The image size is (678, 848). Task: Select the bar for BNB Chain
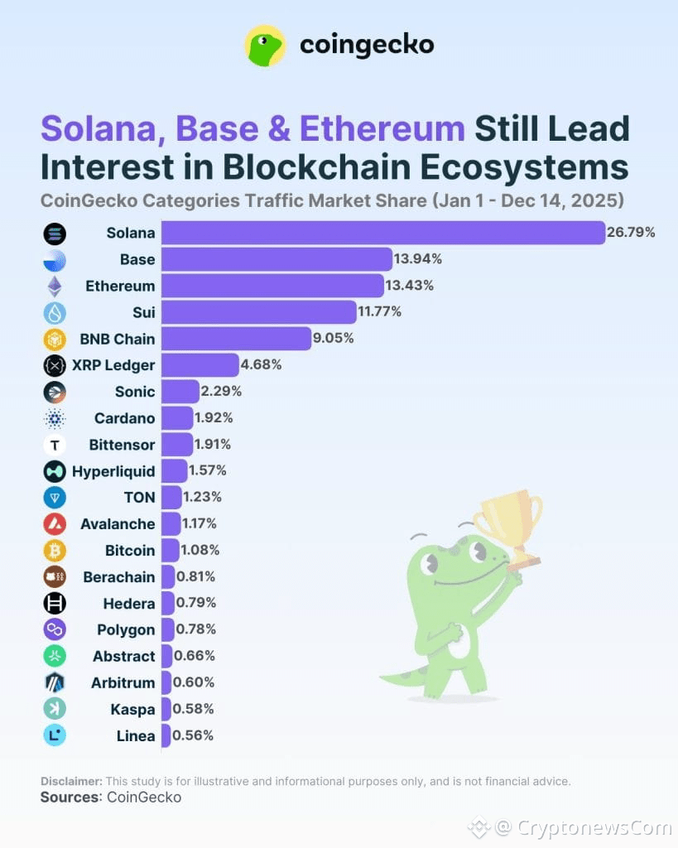236,339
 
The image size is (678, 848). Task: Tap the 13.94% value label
418,259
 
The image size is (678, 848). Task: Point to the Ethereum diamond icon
54,287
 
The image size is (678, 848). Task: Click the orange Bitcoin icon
54,551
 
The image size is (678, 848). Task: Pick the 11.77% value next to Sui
380,312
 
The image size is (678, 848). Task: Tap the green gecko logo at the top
265,46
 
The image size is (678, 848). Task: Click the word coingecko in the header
367,45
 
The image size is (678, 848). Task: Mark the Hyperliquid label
113,471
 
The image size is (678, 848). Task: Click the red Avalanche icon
54,524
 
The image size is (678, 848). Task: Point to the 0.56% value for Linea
194,735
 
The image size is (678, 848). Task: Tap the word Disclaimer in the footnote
71,781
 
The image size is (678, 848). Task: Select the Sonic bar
180,392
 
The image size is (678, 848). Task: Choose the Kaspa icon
54,709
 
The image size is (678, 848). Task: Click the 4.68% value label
261,365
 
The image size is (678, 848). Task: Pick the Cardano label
124,418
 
